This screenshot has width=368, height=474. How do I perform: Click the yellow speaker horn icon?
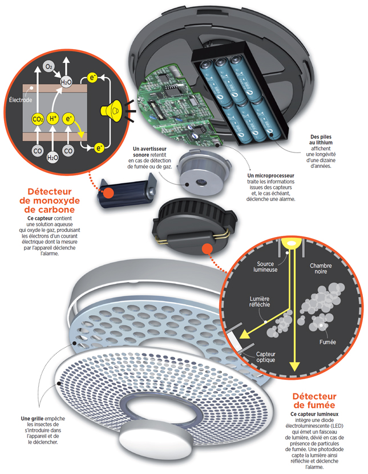(x=111, y=110)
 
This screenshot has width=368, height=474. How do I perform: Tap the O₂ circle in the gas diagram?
(x=48, y=66)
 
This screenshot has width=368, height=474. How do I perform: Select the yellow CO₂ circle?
(x=38, y=119)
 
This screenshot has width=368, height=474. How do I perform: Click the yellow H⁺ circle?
(x=53, y=119)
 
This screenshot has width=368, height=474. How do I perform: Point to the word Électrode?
(x=20, y=100)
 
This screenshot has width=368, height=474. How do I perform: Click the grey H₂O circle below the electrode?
(x=52, y=158)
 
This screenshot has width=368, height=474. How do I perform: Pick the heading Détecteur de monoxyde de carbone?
(x=50, y=200)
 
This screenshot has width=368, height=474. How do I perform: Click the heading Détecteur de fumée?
(x=314, y=400)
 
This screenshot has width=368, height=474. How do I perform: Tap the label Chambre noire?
(x=321, y=268)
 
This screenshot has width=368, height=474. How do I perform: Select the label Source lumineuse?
(x=265, y=267)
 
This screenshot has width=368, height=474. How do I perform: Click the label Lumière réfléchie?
(x=260, y=302)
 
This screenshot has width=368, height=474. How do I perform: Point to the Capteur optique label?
(x=266, y=357)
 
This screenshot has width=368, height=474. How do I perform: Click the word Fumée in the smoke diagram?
(x=327, y=342)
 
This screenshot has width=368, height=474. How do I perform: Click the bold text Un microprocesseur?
(x=270, y=175)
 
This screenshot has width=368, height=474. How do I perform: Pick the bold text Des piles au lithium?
(x=321, y=140)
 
